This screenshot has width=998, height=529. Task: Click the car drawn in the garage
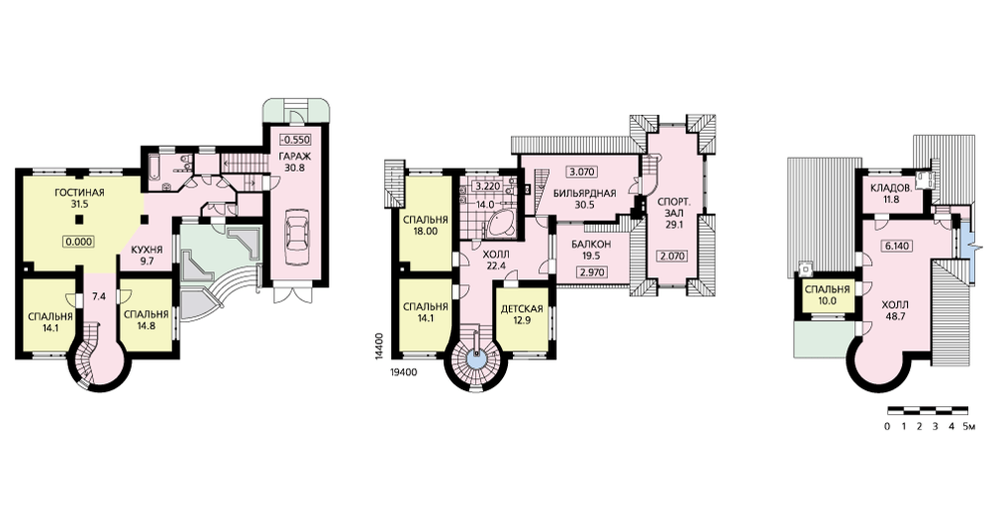coord(297,233)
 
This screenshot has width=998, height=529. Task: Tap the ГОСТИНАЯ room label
coord(80,193)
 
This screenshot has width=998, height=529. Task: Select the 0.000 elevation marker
coord(79,242)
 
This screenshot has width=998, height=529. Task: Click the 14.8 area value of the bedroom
coord(146,327)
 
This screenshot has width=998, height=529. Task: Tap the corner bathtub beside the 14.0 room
coord(500,223)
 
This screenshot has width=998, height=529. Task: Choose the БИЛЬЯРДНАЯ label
coord(584,194)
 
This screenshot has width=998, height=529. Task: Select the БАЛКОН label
coord(591,244)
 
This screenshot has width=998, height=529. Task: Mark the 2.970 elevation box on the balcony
coord(591,272)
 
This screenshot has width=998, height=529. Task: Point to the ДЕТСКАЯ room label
coord(522,309)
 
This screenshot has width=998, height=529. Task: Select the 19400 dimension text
coord(402,373)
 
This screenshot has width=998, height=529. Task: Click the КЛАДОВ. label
coord(891,189)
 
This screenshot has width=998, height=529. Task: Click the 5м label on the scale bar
coord(968,426)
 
